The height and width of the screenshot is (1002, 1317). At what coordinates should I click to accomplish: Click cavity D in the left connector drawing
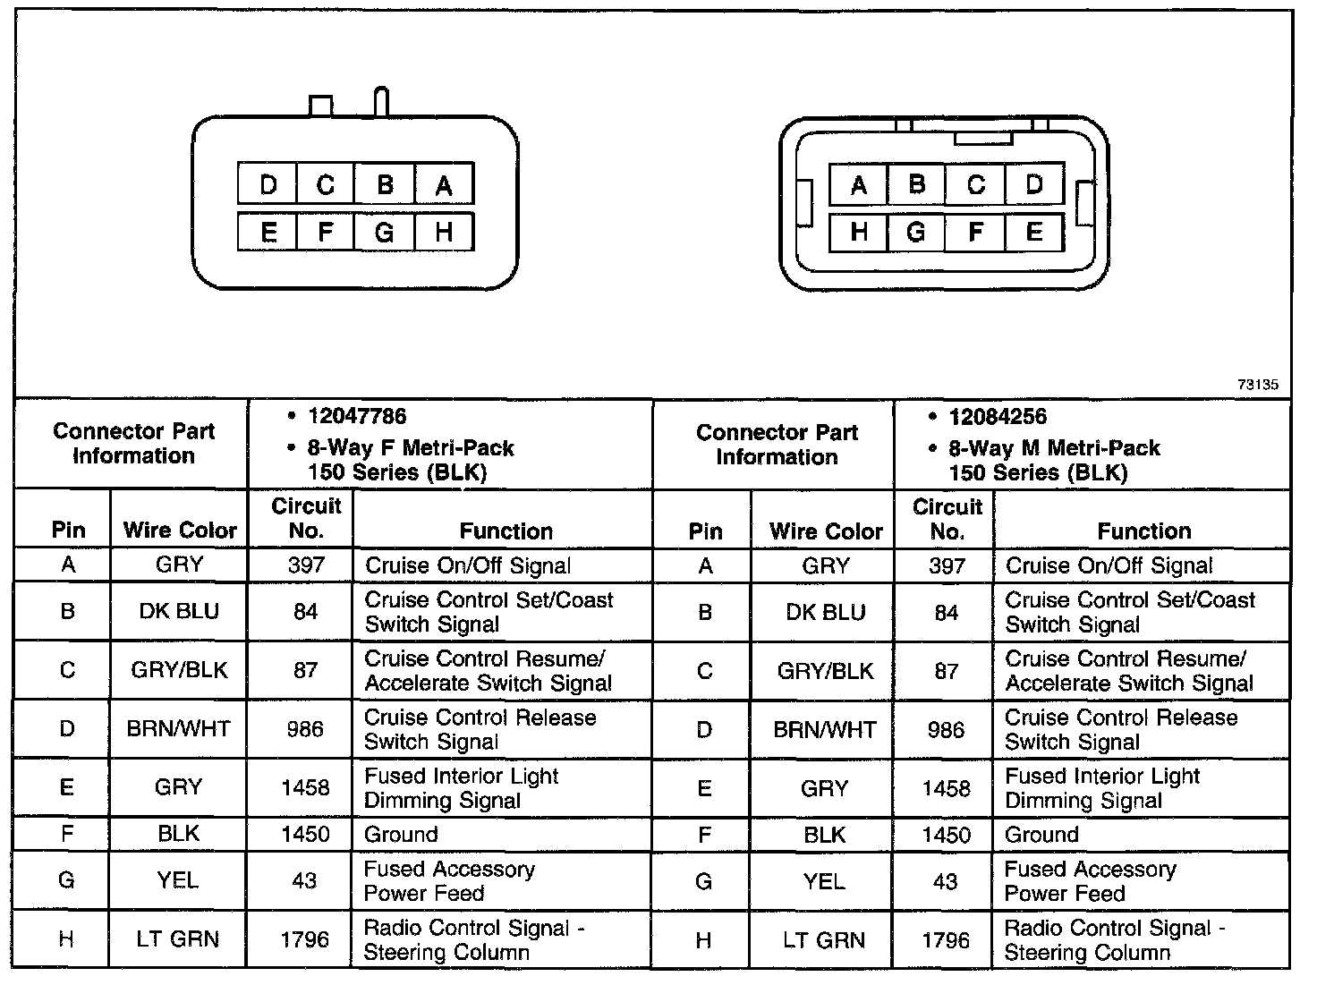[x=268, y=184]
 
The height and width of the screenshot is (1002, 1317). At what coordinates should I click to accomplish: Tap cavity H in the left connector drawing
[x=444, y=233]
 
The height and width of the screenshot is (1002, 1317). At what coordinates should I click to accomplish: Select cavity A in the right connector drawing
[x=859, y=185]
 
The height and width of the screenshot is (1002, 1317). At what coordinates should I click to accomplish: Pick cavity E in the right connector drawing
[x=1034, y=233]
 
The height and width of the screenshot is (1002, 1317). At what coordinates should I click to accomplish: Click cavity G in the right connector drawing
[x=915, y=233]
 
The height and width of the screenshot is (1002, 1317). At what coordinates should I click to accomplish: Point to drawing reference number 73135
[x=1258, y=385]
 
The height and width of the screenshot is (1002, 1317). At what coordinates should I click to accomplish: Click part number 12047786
[x=356, y=416]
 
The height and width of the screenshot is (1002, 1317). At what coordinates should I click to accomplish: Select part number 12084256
[x=998, y=416]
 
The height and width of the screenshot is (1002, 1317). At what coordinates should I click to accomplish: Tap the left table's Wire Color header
[x=180, y=531]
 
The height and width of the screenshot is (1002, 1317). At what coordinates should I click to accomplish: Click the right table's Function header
[x=1143, y=531]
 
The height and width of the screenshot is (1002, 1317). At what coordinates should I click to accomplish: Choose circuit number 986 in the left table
[x=305, y=729]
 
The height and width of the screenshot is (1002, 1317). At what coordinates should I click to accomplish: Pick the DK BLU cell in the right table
[x=826, y=612]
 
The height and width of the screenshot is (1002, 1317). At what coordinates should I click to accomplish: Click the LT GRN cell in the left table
[x=178, y=939]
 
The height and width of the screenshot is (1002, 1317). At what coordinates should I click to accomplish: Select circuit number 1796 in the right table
[x=947, y=940]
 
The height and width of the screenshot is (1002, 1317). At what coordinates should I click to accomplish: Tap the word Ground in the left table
[x=401, y=835]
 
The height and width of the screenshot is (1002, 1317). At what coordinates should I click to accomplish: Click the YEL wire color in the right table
[x=824, y=881]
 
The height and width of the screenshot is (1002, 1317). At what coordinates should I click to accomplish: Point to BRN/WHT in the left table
[x=179, y=729]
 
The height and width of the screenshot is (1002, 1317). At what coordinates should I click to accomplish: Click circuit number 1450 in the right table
[x=947, y=835]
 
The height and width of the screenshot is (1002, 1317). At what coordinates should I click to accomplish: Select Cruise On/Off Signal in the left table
[x=468, y=565]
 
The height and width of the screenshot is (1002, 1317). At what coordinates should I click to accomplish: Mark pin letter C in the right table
[x=704, y=671]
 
